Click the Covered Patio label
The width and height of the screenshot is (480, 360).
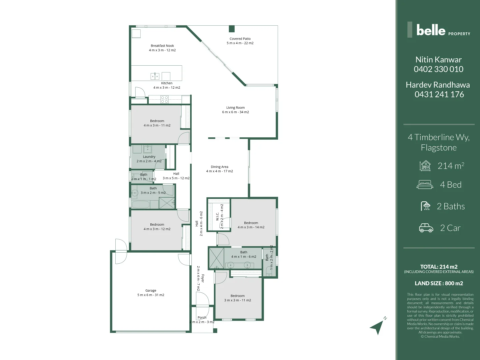[240, 39]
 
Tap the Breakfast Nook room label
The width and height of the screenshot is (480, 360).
[162, 46]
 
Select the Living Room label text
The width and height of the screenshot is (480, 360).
[235, 108]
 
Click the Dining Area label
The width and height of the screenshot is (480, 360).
[219, 167]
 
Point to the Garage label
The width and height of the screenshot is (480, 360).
[151, 291]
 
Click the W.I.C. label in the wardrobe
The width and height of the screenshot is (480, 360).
[217, 217]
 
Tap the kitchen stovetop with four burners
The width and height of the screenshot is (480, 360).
[165, 99]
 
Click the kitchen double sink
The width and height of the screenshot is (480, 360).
[155, 76]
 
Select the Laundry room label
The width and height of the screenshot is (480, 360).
[149, 157]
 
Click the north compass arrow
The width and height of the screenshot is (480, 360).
[378, 326]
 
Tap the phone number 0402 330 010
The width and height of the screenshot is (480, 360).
[438, 69]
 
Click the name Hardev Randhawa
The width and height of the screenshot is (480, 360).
[438, 85]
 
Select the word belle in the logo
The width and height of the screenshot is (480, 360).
[431, 30]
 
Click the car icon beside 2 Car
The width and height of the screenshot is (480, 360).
[426, 228]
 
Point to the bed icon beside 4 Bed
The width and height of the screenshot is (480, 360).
[425, 185]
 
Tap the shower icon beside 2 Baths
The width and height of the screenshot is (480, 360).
[426, 206]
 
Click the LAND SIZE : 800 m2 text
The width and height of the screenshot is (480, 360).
[439, 283]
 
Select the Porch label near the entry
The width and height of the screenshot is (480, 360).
[202, 318]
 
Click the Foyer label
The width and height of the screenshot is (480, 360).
[203, 278]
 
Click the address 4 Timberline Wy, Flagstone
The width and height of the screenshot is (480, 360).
[439, 142]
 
